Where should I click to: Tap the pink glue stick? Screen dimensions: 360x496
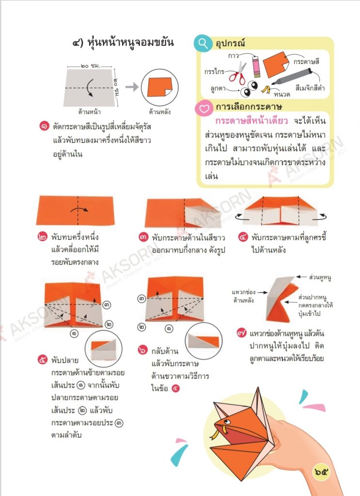(x=256, y=66)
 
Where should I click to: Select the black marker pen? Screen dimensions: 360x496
(x=292, y=77)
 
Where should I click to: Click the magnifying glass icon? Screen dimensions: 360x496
(x=203, y=44)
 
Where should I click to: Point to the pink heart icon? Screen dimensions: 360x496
(x=204, y=108)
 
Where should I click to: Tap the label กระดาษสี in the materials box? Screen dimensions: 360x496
(x=306, y=62)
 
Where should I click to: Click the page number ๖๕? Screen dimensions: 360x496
(x=321, y=472)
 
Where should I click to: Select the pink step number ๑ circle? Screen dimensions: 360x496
(x=44, y=126)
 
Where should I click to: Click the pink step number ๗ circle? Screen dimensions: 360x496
(x=242, y=333)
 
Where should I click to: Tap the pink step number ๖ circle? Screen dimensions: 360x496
(x=143, y=350)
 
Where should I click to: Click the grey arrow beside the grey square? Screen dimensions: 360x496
(x=132, y=87)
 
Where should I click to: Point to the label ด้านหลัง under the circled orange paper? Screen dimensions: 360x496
(x=160, y=112)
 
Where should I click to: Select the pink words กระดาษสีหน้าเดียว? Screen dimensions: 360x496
(x=252, y=121)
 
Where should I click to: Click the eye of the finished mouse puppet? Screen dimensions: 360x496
(x=226, y=422)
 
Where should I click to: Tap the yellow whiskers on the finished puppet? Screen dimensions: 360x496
(x=216, y=433)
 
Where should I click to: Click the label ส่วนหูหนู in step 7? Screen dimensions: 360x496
(x=320, y=278)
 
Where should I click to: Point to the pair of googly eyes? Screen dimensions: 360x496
(x=249, y=89)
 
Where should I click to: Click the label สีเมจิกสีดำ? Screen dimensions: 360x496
(x=310, y=88)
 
